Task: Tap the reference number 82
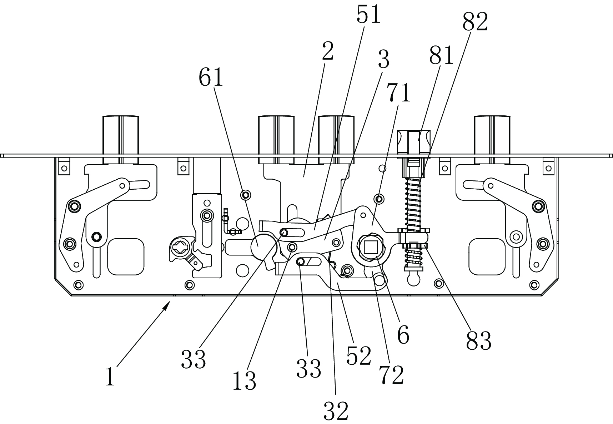[475, 22]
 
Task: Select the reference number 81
[441, 55]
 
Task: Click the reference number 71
[399, 93]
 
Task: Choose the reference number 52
[359, 356]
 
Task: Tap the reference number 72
[391, 375]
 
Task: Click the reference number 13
[244, 381]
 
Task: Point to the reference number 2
[327, 51]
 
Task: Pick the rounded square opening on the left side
[126, 256]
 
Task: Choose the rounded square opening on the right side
[487, 256]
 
